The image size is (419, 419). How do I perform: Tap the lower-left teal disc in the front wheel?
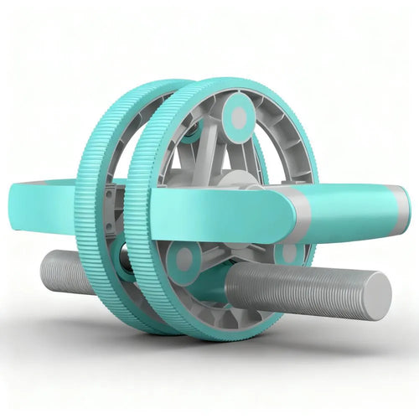[x=184, y=259]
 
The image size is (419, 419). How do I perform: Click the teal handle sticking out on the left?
[x=50, y=201]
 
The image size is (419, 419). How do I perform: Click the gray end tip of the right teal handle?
[x=405, y=208]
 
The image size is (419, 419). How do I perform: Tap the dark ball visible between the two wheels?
[x=123, y=256]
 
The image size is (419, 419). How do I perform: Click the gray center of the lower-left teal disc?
[x=184, y=259]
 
